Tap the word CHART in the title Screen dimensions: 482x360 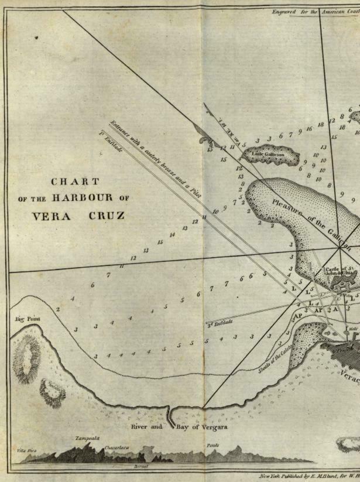[x=75, y=182]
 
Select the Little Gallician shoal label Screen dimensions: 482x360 [x=268, y=155]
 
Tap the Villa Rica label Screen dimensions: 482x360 [x=26, y=450]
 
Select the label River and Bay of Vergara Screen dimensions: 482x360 [x=179, y=427]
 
